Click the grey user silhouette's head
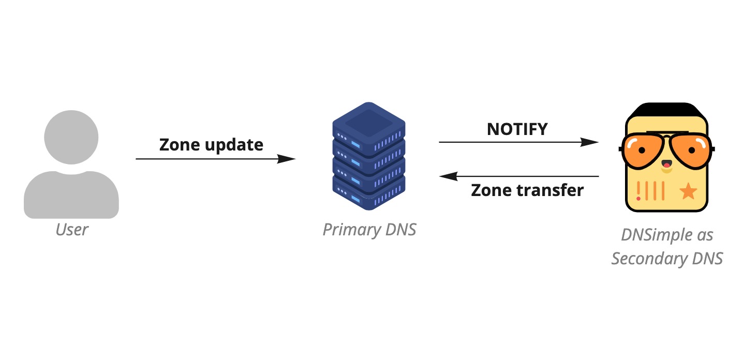[x=71, y=136]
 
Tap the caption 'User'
[x=72, y=229]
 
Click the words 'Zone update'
[x=211, y=144]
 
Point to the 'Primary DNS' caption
[x=369, y=229]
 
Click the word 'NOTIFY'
[x=517, y=129]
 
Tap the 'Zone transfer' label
[x=527, y=190]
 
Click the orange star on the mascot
[x=688, y=192]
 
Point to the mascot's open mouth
[x=666, y=167]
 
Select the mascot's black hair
[x=666, y=110]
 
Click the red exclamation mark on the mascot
[x=638, y=191]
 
